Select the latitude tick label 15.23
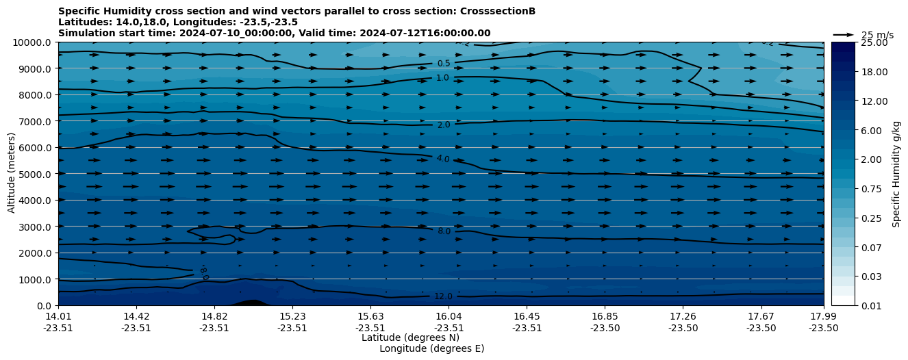tap(292, 317)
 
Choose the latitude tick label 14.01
tap(58, 317)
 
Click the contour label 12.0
tap(443, 296)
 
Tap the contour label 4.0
tap(443, 159)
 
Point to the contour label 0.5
tap(443, 64)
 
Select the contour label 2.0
tap(443, 125)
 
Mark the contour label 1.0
tap(442, 78)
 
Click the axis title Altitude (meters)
tap(12, 174)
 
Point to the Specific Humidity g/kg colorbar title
tap(896, 174)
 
